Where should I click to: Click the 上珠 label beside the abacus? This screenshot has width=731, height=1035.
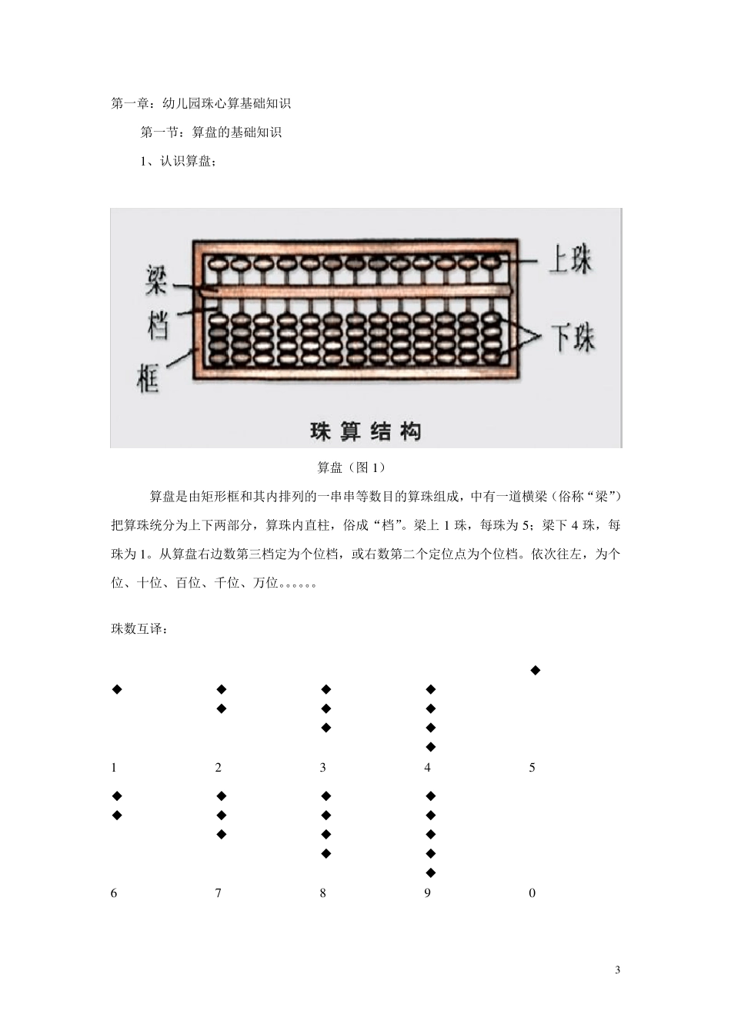570,260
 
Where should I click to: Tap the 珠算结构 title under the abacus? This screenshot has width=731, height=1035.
365,431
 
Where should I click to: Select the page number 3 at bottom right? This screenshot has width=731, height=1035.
617,970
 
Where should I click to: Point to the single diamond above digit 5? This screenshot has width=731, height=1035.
536,670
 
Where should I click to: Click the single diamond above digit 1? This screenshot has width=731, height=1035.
118,689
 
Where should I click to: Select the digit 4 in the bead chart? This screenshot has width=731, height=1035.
428,768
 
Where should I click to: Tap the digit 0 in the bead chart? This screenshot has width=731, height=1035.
532,893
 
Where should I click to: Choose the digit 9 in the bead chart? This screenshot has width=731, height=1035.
428,893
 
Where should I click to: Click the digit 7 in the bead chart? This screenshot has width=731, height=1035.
219,893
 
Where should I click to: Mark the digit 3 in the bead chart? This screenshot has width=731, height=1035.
323,768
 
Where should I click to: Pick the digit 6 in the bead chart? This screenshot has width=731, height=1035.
115,893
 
